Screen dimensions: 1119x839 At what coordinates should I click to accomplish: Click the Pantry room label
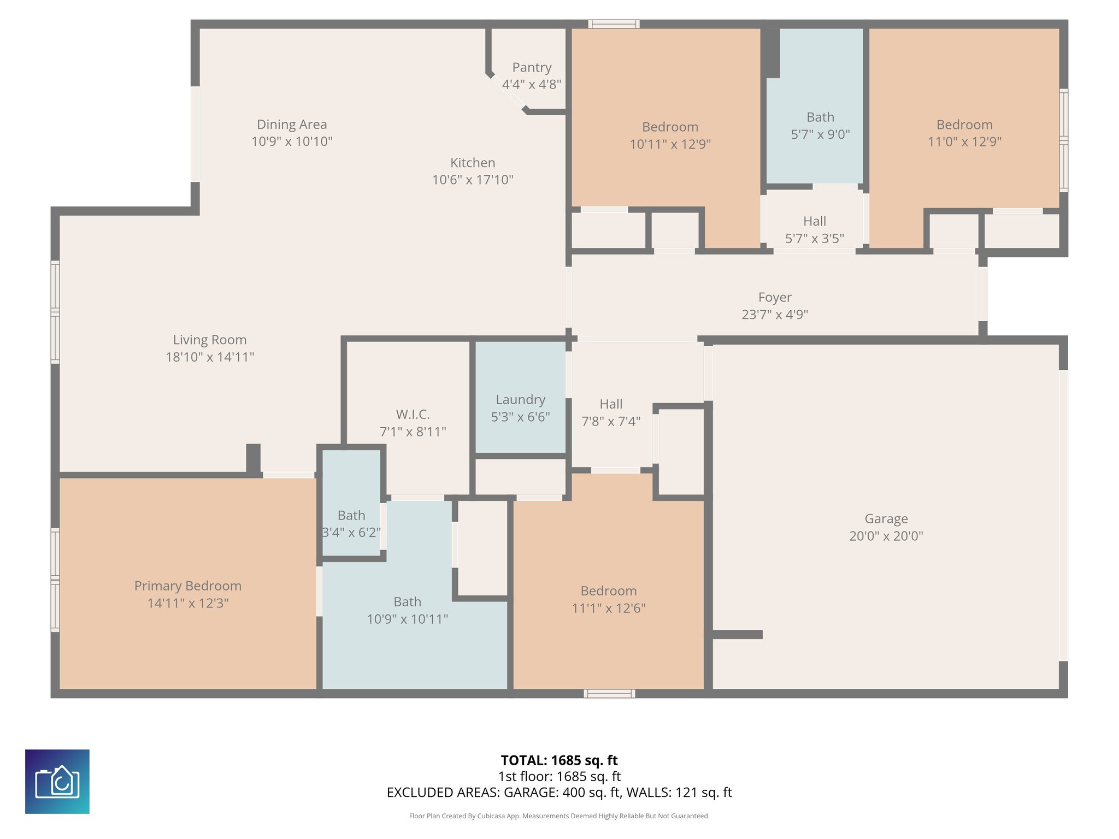pos(532,67)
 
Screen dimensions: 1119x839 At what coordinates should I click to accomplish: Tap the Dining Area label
pos(292,125)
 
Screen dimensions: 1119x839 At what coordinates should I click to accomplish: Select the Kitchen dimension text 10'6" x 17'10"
pos(473,180)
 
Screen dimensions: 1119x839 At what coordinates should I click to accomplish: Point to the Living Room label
pos(210,340)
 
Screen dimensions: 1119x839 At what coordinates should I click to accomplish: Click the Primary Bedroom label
pos(188,586)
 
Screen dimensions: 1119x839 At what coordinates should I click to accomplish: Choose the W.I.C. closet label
pos(413,414)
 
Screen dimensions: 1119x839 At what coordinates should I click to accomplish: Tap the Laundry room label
pos(520,400)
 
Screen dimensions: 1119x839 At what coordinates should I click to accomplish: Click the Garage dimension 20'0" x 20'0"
pos(886,536)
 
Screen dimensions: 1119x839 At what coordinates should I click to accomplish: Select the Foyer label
pos(775,297)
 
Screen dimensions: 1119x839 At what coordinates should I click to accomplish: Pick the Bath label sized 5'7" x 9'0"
pos(820,117)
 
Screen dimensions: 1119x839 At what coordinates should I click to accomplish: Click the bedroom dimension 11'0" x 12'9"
pos(964,141)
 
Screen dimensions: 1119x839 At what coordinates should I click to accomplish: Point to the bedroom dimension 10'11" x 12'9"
pos(670,144)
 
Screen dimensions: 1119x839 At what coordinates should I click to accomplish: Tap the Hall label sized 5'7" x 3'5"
pos(815,221)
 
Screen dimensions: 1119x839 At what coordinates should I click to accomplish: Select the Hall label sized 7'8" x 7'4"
pos(611,404)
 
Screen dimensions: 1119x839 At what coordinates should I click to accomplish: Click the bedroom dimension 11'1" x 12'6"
pos(609,608)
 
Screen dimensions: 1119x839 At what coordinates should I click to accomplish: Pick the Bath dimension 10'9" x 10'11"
pos(408,619)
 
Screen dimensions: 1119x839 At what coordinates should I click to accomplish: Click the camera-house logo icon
pos(57,782)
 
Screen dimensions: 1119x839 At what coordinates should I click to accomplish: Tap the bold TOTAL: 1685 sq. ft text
pos(559,760)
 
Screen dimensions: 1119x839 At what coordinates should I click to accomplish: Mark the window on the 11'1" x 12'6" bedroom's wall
pos(609,694)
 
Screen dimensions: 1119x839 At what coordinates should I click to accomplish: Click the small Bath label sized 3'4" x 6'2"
pos(351,515)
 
